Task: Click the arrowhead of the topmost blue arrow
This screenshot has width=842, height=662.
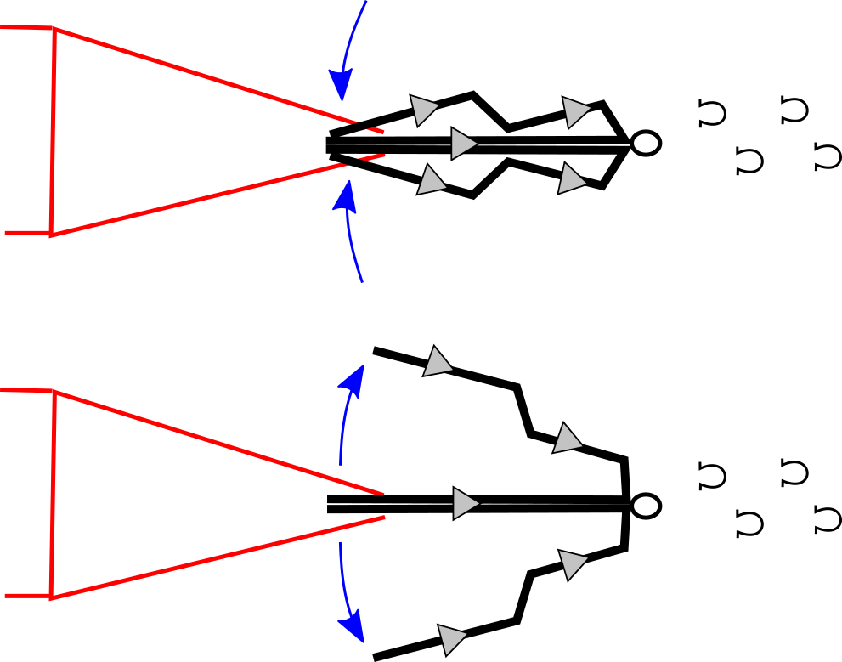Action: [341, 85]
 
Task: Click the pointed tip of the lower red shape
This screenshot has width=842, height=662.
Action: [382, 505]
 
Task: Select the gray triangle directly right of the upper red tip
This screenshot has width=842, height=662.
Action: [462, 144]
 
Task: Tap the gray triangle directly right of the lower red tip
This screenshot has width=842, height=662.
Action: [464, 503]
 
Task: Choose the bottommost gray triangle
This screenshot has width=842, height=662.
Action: [450, 638]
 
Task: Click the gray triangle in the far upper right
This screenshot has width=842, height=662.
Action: [574, 110]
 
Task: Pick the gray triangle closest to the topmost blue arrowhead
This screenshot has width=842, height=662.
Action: [422, 109]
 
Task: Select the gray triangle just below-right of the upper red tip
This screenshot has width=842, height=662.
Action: [431, 181]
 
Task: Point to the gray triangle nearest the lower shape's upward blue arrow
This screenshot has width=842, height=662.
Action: [437, 363]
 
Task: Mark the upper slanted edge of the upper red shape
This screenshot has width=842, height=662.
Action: [204, 76]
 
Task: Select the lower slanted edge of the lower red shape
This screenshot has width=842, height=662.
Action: [212, 558]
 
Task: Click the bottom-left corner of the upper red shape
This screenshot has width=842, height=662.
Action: [51, 234]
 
